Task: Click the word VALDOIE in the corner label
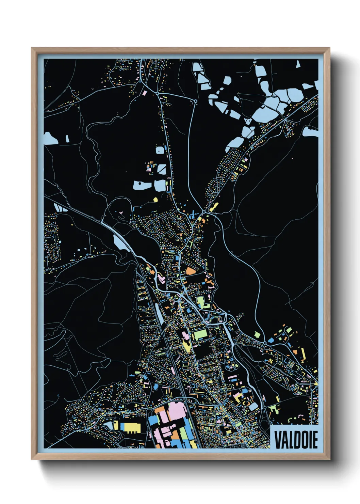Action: click(296, 440)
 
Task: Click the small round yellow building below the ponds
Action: click(156, 200)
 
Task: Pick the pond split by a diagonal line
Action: click(161, 169)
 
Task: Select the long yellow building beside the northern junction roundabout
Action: click(213, 206)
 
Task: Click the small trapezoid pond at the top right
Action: click(298, 64)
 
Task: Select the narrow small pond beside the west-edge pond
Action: click(67, 139)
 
